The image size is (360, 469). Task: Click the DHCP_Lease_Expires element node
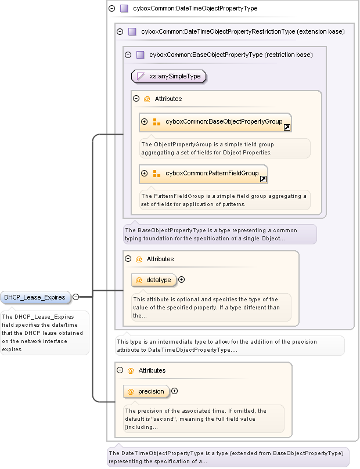(x=36, y=297)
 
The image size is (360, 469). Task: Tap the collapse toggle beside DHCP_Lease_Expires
(x=75, y=297)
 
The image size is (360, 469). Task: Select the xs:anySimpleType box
(x=169, y=76)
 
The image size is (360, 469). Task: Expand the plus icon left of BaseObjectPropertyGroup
(x=145, y=122)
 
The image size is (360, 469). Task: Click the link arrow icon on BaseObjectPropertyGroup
(x=287, y=127)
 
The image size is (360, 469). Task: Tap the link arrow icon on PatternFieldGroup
(x=263, y=179)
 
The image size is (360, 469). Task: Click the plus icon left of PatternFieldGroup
(x=145, y=173)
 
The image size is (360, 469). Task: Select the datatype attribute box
(x=153, y=280)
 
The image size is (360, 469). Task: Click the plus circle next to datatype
(x=182, y=280)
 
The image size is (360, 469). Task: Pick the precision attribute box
(x=146, y=391)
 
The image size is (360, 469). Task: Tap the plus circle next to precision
(x=174, y=391)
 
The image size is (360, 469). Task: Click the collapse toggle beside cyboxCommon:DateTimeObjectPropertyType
(x=112, y=9)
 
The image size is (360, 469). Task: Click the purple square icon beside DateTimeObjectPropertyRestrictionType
(x=132, y=32)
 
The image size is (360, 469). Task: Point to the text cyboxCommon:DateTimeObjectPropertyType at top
(x=195, y=9)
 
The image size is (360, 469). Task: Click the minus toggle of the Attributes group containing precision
(x=120, y=370)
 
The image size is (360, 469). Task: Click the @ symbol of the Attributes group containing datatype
(x=138, y=259)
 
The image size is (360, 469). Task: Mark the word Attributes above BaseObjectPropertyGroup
(x=168, y=99)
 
